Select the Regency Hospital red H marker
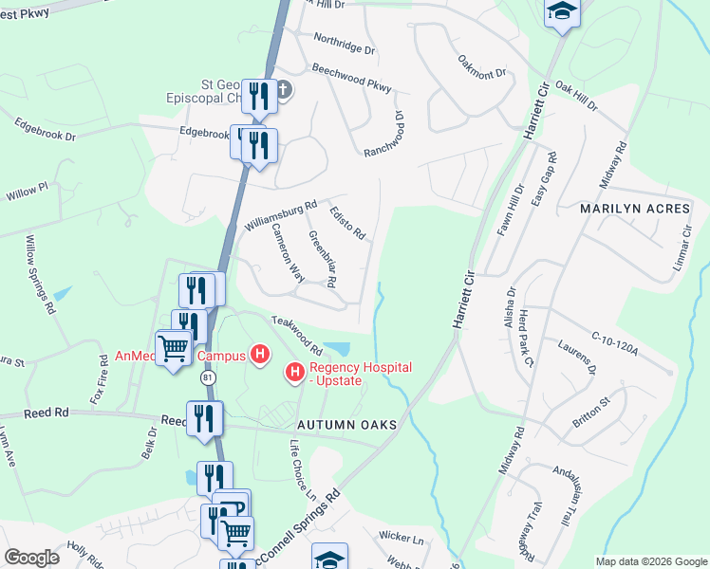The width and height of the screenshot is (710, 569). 295,374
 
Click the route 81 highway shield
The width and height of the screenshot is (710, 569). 208,377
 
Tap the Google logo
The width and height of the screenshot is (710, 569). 31,558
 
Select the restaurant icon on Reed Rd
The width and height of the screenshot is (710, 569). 204,417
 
